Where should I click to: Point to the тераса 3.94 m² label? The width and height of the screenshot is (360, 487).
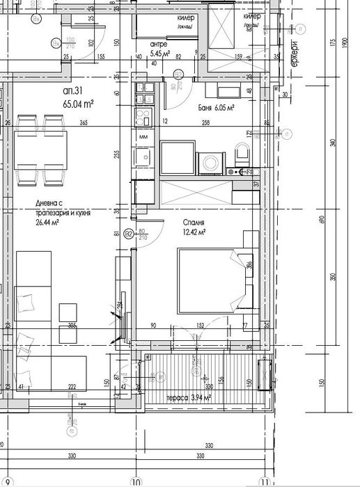(x=188, y=398)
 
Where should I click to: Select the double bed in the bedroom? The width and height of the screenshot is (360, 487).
(x=211, y=279)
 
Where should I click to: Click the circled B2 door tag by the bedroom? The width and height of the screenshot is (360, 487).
(x=128, y=235)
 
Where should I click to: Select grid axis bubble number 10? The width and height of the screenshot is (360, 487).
(x=136, y=481)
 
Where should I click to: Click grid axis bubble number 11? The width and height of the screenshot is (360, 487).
(x=264, y=481)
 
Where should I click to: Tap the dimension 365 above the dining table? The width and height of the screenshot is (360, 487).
(x=83, y=122)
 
